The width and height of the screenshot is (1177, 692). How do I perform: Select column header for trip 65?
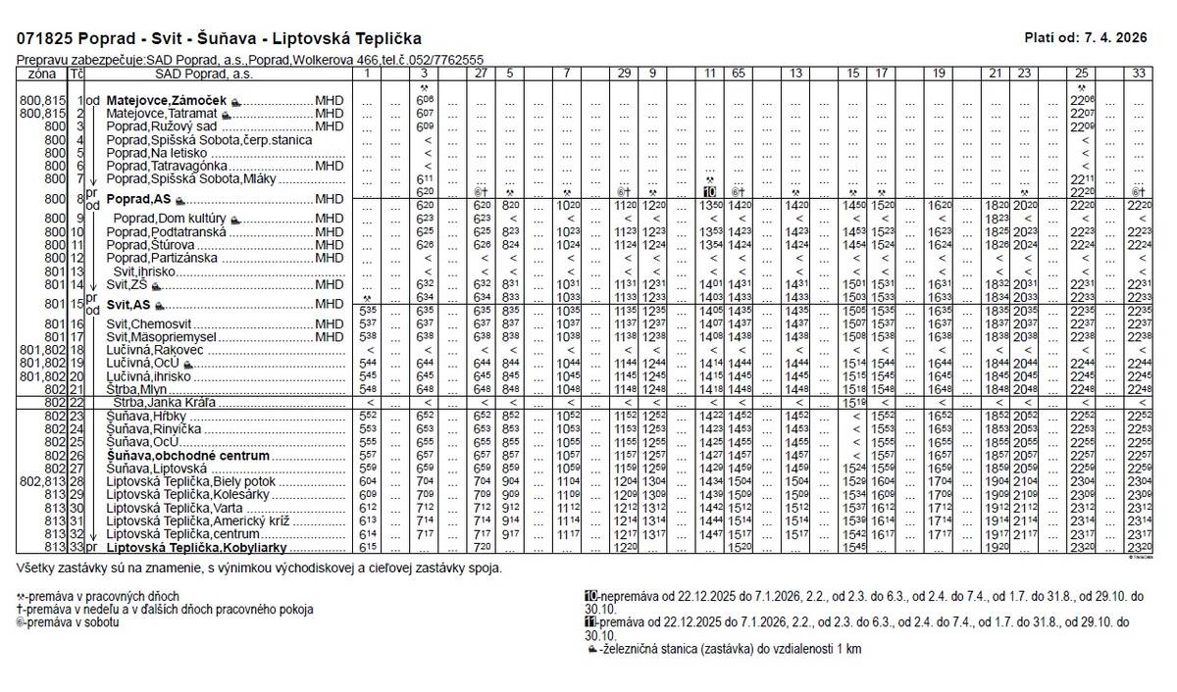(738, 74)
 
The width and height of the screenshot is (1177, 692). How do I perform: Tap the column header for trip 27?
(482, 74)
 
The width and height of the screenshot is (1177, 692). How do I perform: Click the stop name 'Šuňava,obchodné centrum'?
(187, 456)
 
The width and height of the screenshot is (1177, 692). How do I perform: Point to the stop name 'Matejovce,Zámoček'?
(167, 100)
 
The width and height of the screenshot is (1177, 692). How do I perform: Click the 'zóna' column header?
(42, 74)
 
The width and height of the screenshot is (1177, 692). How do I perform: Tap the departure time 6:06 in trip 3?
(425, 100)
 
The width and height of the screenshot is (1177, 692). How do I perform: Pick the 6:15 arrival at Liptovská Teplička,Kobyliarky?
(366, 547)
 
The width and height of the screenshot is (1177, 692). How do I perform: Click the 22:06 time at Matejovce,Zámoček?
(1082, 100)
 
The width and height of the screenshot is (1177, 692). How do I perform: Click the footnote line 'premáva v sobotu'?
(69, 621)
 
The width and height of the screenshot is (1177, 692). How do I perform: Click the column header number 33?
(1138, 74)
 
